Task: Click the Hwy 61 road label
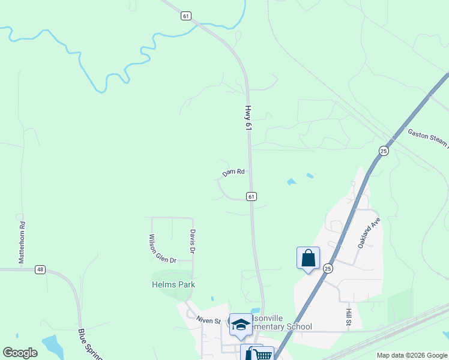[x=247, y=118]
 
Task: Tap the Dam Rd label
[x=234, y=172]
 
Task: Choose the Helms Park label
[x=173, y=284]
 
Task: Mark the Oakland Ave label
[x=369, y=233]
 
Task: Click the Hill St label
[x=348, y=317]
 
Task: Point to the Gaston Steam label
[x=428, y=137]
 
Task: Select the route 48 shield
[x=40, y=270]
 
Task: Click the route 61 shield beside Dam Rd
[x=252, y=196]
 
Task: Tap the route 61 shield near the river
[x=186, y=16]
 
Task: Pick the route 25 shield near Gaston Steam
[x=384, y=150]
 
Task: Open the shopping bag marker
[x=308, y=259]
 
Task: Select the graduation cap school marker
[x=241, y=324]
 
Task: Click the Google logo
[x=20, y=353]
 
